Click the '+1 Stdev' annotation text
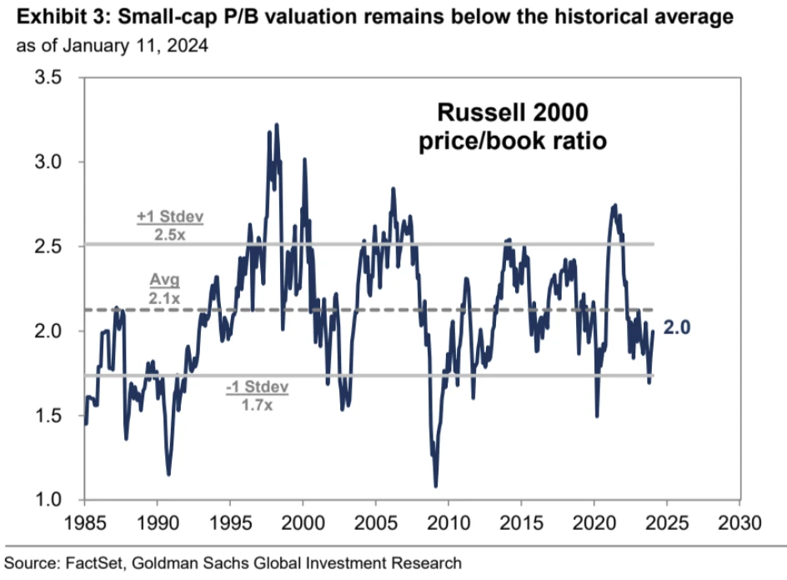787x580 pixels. [170, 217]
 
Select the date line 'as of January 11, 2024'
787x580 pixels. [112, 44]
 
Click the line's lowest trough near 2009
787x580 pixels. [436, 486]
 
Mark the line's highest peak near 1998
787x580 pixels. [276, 124]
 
